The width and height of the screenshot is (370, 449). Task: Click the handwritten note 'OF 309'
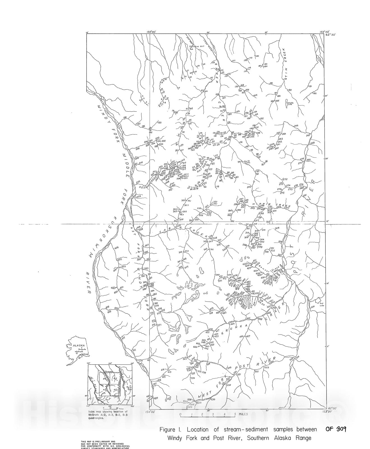pyautogui.click(x=336, y=429)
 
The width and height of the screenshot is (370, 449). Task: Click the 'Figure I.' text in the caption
pyautogui.click(x=171, y=430)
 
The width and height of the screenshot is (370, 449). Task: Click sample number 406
pyautogui.click(x=116, y=248)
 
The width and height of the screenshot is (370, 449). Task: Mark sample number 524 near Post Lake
pyautogui.click(x=313, y=307)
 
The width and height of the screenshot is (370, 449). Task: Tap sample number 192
pyautogui.click(x=314, y=93)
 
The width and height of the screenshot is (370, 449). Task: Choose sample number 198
pyautogui.click(x=125, y=117)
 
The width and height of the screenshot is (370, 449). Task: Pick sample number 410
pyautogui.click(x=123, y=338)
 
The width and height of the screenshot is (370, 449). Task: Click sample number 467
pyautogui.click(x=248, y=336)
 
